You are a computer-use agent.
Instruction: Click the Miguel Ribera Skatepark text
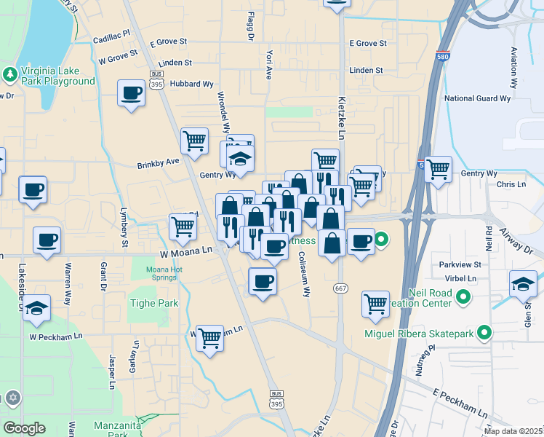[x=419, y=334]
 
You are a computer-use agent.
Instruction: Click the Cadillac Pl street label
[x=111, y=34]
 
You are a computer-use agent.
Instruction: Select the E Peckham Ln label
[x=459, y=403]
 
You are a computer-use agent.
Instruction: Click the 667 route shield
[x=340, y=288]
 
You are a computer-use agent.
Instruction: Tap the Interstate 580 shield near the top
[x=444, y=56]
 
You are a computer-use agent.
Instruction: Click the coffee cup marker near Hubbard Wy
[x=132, y=93]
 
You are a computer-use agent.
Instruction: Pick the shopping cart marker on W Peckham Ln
[x=209, y=336]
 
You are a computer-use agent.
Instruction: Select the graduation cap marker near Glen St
[x=523, y=283]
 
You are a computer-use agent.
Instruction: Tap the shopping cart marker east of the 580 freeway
[x=438, y=169]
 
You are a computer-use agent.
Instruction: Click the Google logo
[x=24, y=428]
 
